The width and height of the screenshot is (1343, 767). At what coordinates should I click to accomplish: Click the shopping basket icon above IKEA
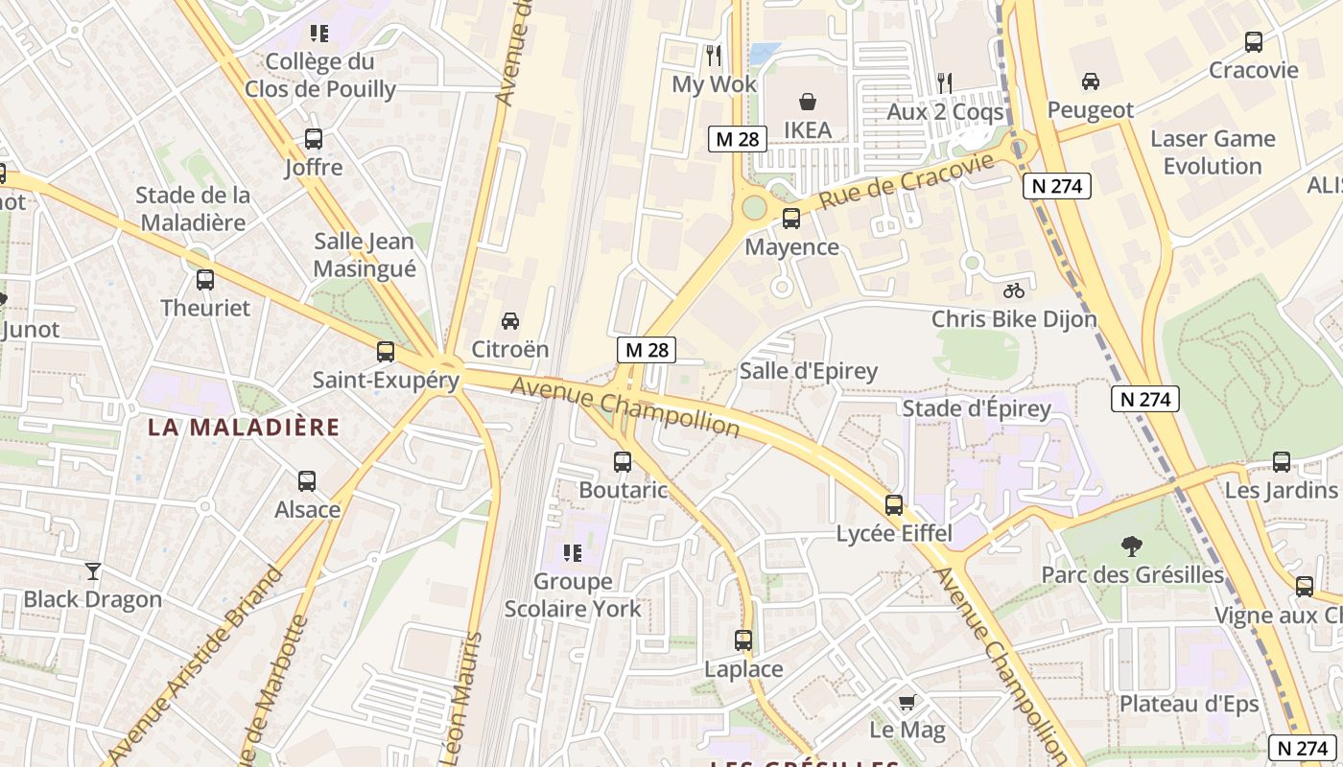coord(808,101)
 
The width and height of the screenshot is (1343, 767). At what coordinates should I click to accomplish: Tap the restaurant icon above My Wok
coord(713,55)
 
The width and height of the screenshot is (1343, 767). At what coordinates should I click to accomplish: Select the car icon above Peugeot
coord(1090,81)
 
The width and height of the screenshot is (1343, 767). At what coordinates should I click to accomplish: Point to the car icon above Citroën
coord(510,320)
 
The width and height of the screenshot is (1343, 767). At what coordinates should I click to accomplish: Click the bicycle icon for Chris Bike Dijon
coord(1014,290)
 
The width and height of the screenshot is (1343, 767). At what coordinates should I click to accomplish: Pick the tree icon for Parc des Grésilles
coord(1132,546)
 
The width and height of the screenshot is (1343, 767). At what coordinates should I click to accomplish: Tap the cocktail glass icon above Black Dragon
coord(92,571)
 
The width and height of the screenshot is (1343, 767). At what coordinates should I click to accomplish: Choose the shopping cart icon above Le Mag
coord(907,703)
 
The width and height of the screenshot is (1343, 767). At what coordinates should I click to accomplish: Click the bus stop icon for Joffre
coord(314,139)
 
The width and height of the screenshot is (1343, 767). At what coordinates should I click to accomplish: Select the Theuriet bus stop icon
coord(205,280)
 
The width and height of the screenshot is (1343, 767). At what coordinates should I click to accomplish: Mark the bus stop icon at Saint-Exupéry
coord(386,352)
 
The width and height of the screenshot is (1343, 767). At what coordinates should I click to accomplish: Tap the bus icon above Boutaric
coord(623,462)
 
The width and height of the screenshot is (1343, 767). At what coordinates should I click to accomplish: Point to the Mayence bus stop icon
coord(791,219)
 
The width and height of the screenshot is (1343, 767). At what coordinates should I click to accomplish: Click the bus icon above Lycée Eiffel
coord(894,505)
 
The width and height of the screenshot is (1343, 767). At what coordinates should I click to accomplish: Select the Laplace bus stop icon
coord(743,640)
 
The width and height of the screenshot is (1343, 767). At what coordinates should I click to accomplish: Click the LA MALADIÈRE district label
coord(244,428)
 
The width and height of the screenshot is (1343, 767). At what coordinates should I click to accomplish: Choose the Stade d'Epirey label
coord(977,409)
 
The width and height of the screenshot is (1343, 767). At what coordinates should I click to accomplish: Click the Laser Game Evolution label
coord(1213,152)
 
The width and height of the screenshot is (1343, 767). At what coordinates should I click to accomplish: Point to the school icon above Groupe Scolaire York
coord(573,552)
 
